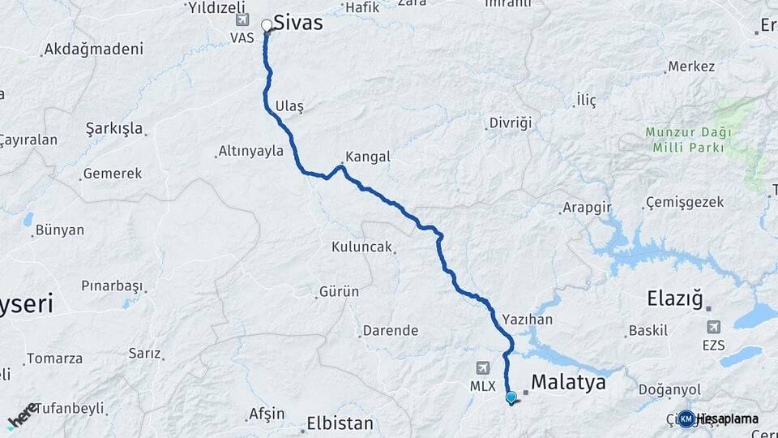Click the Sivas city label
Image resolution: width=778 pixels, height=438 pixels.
[297, 24]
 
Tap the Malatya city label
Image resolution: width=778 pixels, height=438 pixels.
[568, 382]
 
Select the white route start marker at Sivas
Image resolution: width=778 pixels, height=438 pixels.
[267, 26]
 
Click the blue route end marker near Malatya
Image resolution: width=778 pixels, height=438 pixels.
[511, 397]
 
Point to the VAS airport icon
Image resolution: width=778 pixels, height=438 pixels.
[241, 19]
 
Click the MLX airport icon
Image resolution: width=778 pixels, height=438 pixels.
[484, 368]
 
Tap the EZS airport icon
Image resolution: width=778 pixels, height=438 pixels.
[713, 327]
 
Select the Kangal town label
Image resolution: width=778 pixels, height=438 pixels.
[367, 157]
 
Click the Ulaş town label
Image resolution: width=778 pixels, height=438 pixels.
[289, 106]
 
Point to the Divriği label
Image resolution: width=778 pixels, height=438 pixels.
[510, 123]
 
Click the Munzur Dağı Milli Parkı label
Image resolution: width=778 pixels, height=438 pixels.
[689, 140]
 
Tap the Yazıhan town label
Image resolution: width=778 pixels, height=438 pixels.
[527, 320]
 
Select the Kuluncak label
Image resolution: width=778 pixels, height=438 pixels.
[361, 247]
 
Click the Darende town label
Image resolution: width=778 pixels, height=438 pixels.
[390, 330]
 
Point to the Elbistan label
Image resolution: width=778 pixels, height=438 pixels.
[340, 423]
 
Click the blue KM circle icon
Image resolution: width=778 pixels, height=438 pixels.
[686, 419]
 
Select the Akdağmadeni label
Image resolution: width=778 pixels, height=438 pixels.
[93, 49]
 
